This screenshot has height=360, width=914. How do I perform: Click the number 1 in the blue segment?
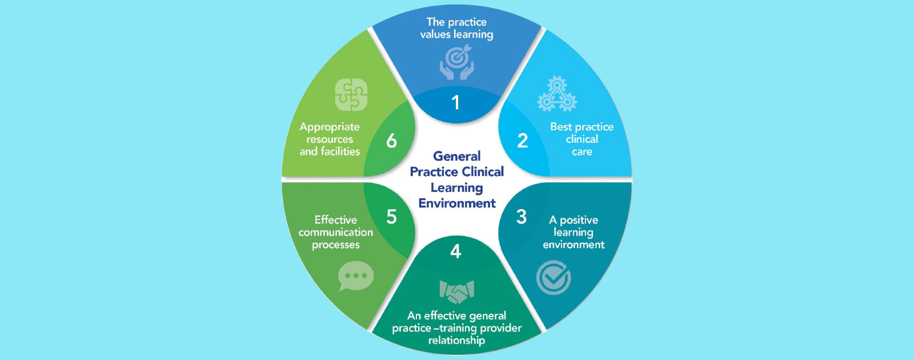[x=455, y=103]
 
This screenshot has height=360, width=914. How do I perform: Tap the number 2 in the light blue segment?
[x=522, y=141]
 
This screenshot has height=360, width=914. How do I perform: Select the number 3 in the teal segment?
[x=521, y=217]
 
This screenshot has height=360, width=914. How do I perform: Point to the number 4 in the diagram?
[x=455, y=251]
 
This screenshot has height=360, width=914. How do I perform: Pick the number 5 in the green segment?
[x=391, y=217]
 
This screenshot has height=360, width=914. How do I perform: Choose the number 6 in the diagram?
[x=391, y=141]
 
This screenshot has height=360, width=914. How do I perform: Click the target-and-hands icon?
[x=456, y=62]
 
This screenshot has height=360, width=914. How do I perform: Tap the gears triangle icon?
[x=557, y=95]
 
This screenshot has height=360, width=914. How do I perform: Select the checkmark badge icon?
[x=553, y=278]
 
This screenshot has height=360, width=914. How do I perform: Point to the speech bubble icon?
[x=355, y=276]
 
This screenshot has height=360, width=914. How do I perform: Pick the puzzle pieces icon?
[x=351, y=95]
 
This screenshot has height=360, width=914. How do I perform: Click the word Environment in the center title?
[x=457, y=203]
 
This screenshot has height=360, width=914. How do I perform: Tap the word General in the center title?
[x=456, y=156]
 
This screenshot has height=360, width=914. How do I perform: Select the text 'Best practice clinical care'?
[x=582, y=139]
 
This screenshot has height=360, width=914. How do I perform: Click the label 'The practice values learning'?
[x=456, y=28]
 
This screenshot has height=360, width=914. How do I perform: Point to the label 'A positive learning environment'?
[x=574, y=232]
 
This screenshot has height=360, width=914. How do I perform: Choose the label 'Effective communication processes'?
[x=336, y=232]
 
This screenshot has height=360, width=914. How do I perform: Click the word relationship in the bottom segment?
[x=456, y=341]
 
